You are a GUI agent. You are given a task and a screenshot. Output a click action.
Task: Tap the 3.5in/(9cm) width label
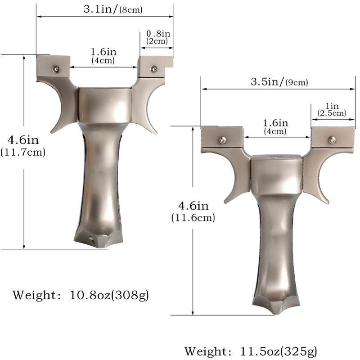click(x=279, y=82)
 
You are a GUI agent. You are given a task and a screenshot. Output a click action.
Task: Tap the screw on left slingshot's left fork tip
click(x=55, y=69)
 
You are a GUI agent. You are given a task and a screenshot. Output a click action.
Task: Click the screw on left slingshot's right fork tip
click(x=154, y=69)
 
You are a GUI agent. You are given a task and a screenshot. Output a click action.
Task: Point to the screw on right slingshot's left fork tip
click(x=222, y=140)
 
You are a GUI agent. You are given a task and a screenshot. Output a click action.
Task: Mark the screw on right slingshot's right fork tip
click(x=332, y=140)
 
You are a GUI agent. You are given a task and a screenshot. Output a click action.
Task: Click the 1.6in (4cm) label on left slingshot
click(x=103, y=56)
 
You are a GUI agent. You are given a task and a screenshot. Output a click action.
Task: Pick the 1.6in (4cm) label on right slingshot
click(x=275, y=127)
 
